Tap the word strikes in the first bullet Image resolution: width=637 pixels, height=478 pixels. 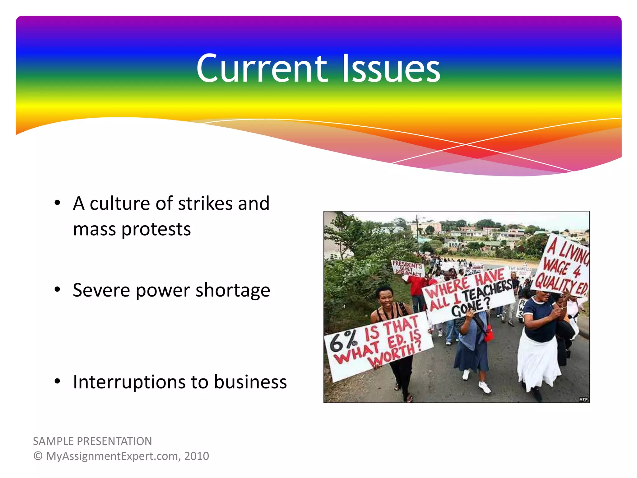point(205,204)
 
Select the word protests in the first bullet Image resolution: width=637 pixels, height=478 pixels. point(156,230)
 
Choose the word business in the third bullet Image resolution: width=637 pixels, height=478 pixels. point(250,382)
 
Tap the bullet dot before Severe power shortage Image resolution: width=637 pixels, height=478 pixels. point(57,290)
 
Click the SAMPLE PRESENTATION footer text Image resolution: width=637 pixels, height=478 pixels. point(92,441)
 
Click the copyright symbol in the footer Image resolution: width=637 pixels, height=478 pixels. point(38,456)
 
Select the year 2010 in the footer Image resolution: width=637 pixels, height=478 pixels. point(197,456)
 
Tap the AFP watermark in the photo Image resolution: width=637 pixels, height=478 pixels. point(584,399)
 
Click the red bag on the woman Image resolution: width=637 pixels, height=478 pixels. point(489,333)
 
